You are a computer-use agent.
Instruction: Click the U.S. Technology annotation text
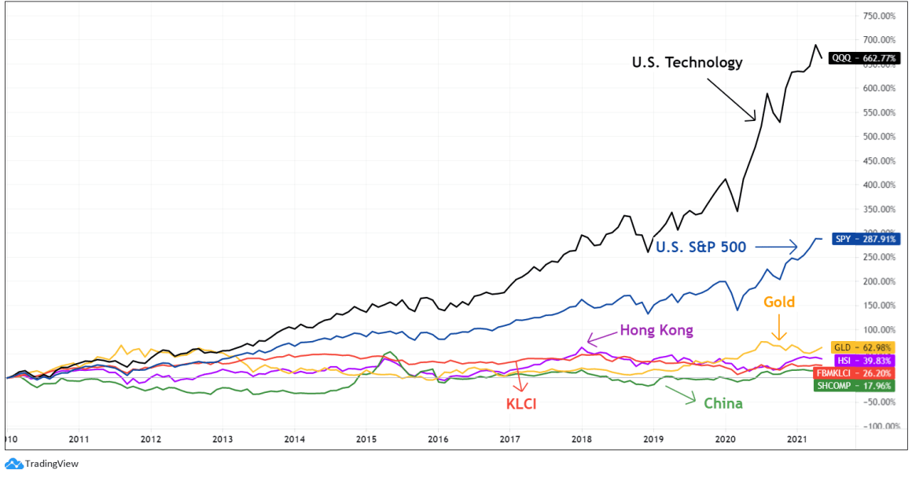tap(687, 63)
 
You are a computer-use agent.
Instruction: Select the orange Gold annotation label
tap(778, 302)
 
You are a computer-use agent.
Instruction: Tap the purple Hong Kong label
tap(656, 330)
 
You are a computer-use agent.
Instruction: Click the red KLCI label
tap(520, 404)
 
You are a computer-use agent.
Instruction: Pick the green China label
tap(723, 403)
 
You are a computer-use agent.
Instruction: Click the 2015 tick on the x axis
tap(366, 439)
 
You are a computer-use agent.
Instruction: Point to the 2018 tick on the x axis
tap(582, 439)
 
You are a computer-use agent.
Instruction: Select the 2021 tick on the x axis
tap(798, 439)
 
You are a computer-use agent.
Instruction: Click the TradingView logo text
tap(51, 464)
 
